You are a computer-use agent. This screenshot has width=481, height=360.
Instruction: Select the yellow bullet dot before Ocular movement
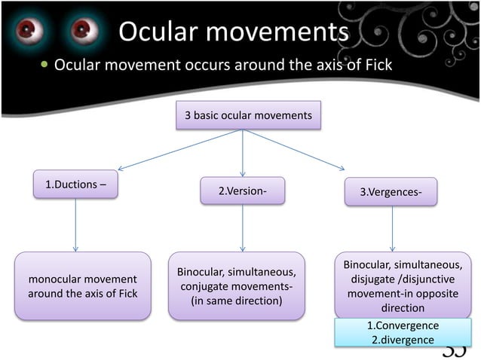click(x=44, y=66)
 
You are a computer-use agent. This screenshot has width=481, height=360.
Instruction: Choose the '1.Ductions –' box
click(x=75, y=185)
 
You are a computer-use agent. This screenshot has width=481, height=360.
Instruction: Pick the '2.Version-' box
click(x=242, y=191)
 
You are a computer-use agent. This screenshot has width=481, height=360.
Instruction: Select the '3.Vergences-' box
click(x=391, y=192)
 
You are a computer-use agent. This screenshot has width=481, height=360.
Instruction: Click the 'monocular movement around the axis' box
click(x=83, y=286)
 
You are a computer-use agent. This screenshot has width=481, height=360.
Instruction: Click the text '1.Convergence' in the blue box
click(x=402, y=326)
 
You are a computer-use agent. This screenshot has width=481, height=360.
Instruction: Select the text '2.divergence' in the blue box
click(x=402, y=340)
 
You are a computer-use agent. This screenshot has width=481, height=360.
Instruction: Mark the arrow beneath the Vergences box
click(x=392, y=228)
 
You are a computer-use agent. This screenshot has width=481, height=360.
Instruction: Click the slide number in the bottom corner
click(x=455, y=349)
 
